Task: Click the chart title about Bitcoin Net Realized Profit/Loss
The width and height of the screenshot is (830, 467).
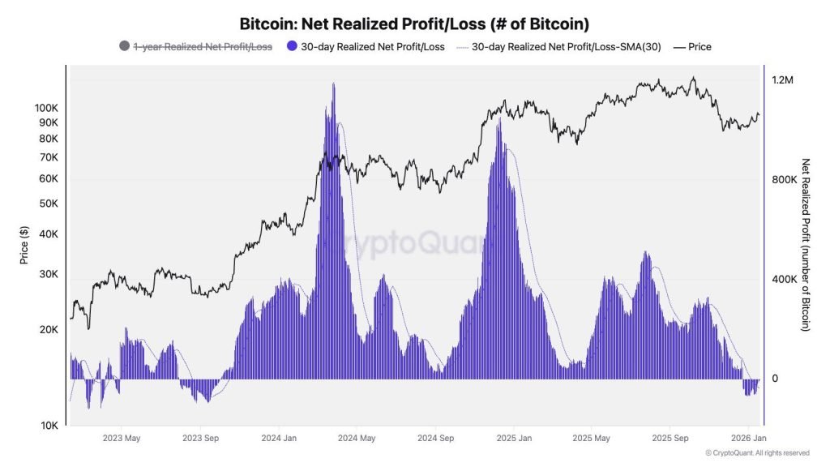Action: [x=414, y=24]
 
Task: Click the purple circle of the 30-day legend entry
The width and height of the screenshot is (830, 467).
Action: [x=293, y=46]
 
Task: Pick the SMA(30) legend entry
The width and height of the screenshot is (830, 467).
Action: [x=566, y=46]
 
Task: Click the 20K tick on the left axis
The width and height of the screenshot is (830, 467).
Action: [x=49, y=330]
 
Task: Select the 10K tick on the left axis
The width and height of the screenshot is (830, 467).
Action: [x=49, y=426]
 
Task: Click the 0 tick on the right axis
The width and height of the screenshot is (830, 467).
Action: [x=774, y=379]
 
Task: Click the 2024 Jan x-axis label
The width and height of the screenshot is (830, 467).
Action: [x=277, y=438]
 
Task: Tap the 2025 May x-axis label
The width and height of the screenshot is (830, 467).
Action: [x=591, y=438]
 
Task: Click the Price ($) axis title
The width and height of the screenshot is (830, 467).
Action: [x=24, y=244]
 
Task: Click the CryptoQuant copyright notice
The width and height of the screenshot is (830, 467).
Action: [x=757, y=453]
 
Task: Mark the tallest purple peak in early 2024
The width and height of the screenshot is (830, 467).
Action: [x=332, y=84]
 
